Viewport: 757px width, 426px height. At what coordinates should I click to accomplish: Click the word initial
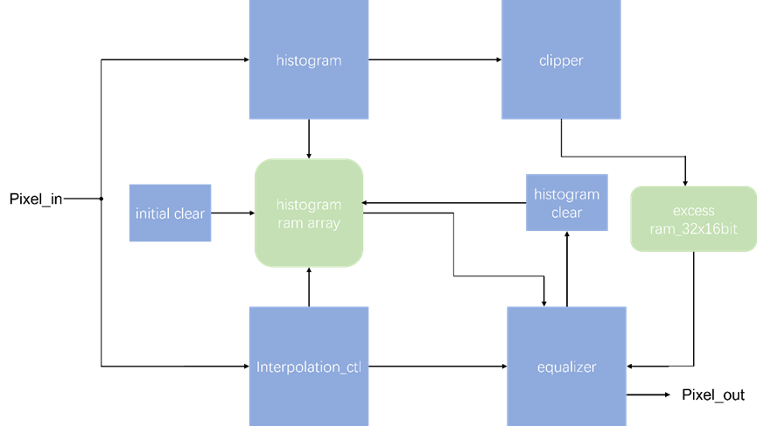point(152,213)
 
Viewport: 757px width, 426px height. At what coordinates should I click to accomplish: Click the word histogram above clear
point(566,195)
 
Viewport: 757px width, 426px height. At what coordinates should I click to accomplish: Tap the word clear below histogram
point(566,213)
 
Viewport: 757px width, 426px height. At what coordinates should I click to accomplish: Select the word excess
point(694,211)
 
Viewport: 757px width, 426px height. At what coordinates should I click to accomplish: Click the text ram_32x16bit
point(694,227)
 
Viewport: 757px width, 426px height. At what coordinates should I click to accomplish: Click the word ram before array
point(289,223)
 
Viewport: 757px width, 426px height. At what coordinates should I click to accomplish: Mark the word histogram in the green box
point(308,206)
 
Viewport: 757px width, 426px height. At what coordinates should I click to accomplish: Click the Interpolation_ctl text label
point(308,367)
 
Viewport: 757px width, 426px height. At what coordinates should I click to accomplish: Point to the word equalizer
point(566,367)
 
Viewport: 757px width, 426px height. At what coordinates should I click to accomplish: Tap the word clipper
point(561,61)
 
